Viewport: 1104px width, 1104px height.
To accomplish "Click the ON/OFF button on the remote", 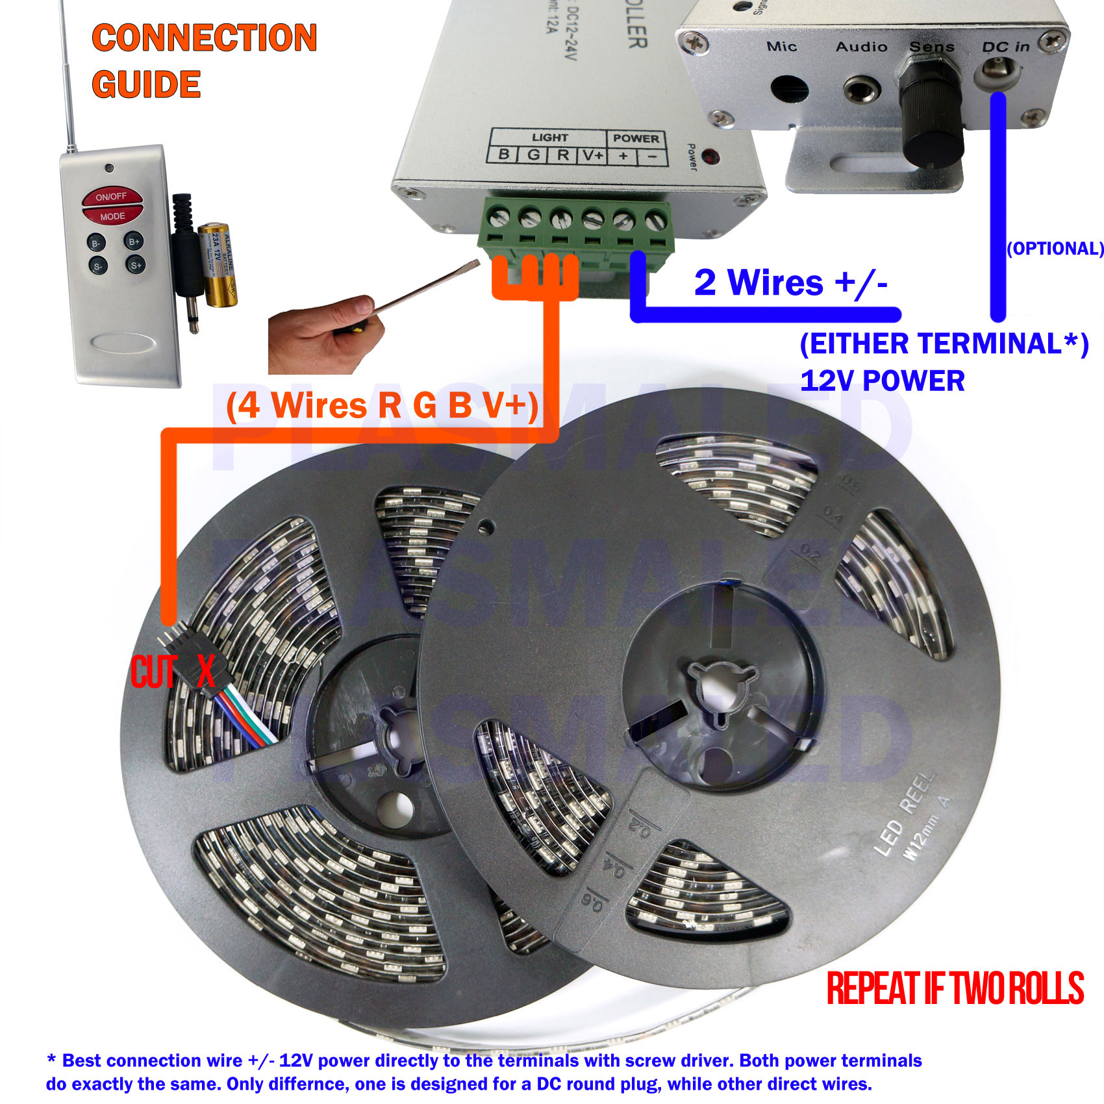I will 112,196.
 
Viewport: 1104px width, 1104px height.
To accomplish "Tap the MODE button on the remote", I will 112,216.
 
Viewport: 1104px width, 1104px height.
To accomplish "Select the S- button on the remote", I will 97,266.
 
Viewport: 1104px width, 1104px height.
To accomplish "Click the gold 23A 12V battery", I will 218,265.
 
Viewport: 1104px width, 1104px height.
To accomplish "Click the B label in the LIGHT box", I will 503,155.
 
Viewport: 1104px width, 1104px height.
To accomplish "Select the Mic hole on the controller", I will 789,90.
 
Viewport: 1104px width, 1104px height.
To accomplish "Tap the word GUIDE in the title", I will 146,84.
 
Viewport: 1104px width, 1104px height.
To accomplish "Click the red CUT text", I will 153,671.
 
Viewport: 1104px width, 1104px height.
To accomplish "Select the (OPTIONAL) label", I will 1055,249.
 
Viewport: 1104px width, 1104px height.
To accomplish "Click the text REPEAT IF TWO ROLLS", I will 955,989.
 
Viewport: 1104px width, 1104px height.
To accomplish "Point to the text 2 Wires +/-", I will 790,283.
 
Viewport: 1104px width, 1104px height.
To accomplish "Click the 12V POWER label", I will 882,381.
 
